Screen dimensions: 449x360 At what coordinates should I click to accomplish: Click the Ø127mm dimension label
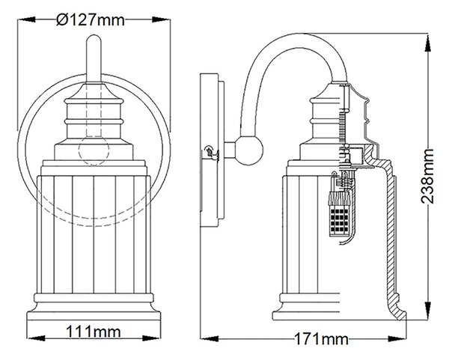[91, 20]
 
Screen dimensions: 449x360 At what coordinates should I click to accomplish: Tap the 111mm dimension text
[94, 332]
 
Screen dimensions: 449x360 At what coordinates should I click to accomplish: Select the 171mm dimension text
[321, 339]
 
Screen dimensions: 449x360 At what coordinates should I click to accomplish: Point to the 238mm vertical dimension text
[427, 176]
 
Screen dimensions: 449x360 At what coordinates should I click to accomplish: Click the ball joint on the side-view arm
[248, 150]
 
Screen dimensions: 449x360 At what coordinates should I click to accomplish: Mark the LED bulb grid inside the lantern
[339, 221]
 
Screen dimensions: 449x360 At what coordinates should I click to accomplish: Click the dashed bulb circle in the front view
[94, 150]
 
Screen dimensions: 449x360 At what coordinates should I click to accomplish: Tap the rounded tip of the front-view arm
[94, 38]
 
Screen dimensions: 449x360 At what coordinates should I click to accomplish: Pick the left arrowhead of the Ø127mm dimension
[27, 19]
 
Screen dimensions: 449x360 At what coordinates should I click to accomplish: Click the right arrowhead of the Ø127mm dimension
[162, 19]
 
